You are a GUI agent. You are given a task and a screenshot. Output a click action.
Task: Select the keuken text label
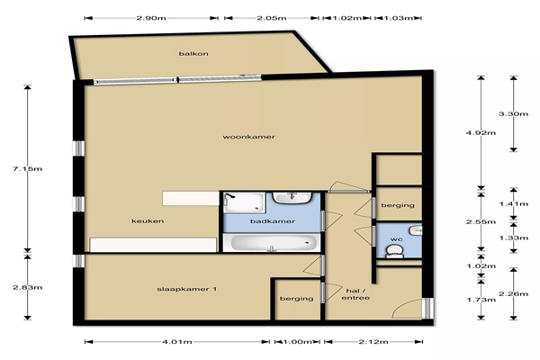[x=148, y=221]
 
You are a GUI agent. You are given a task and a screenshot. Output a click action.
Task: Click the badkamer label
[x=273, y=221]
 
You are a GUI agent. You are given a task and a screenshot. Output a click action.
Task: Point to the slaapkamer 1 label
[x=187, y=289]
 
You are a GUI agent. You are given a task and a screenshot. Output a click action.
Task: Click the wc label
[x=394, y=238]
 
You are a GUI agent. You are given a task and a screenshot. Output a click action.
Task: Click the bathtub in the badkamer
[x=270, y=243]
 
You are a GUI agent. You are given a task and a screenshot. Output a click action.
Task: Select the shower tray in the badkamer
[x=245, y=202]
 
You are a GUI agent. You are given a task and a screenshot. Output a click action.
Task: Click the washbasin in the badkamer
[x=292, y=198]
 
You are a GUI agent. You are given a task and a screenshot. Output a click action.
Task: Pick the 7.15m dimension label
[x=28, y=169]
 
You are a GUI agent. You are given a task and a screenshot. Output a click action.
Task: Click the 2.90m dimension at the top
[x=151, y=18]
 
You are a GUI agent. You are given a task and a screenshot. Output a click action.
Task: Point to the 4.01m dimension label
[x=177, y=342]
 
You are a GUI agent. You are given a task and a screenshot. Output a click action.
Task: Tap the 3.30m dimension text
[x=514, y=113]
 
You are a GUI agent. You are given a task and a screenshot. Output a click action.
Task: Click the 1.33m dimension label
[x=514, y=238]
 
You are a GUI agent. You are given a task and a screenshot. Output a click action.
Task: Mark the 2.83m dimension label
[x=28, y=287]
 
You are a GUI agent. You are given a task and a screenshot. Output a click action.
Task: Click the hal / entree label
[x=355, y=294]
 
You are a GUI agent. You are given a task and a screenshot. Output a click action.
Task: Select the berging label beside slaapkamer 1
[x=297, y=299]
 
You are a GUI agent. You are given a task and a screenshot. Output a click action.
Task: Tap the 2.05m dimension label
[x=272, y=18]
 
